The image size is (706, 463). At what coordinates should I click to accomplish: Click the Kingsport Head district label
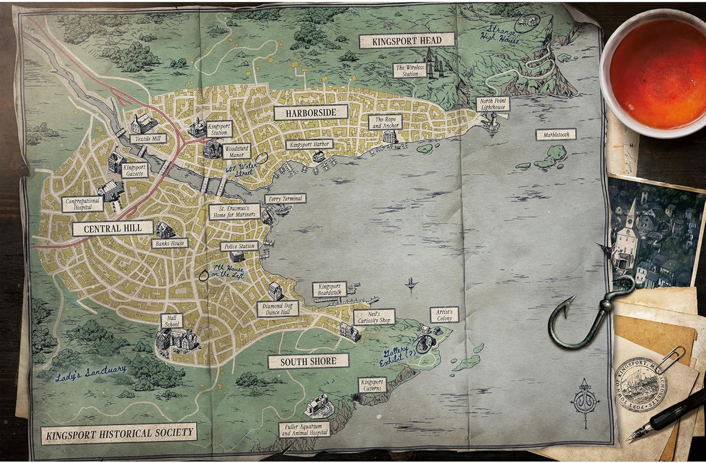click(x=407, y=41)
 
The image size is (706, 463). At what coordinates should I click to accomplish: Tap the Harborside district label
click(x=311, y=112)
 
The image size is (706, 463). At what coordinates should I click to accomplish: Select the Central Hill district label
click(x=112, y=228)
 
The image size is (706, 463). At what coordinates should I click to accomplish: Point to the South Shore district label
click(x=308, y=361)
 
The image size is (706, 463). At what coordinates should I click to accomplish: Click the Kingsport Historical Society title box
click(x=119, y=433)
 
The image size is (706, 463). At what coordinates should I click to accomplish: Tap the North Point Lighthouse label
click(x=492, y=104)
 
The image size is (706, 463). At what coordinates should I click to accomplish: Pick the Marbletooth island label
click(x=556, y=134)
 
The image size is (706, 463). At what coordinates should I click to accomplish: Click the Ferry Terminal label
click(x=285, y=198)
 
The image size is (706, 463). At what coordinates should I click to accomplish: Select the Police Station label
click(x=239, y=246)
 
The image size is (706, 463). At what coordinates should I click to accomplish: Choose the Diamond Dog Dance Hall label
click(x=278, y=309)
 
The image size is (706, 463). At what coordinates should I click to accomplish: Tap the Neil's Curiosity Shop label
click(x=374, y=317)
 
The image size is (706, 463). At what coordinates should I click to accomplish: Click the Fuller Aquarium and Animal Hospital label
click(x=304, y=430)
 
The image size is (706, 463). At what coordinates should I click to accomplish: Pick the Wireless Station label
click(x=410, y=70)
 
